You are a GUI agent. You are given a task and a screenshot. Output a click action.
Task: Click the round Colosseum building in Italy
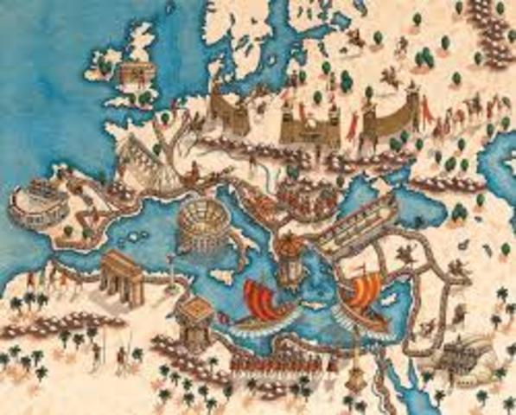(x=200, y=227)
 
